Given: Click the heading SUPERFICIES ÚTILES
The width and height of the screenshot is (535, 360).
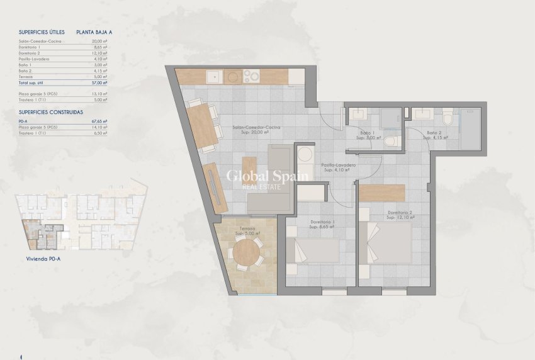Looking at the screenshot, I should [42, 31].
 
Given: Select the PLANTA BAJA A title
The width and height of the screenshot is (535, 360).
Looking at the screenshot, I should [94, 31].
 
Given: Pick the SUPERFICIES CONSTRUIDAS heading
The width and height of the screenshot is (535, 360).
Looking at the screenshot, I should [51, 111].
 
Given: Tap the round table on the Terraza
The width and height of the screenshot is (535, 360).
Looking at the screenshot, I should [246, 254].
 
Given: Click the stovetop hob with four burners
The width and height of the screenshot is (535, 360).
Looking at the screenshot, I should [251, 77].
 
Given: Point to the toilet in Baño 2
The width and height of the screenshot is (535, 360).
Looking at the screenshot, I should [448, 118].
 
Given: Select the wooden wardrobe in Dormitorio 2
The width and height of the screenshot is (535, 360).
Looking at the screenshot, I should [382, 192].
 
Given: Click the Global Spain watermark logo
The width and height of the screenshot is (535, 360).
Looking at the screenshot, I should [267, 177].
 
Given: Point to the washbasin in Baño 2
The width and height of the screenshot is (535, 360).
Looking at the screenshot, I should [420, 115].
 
